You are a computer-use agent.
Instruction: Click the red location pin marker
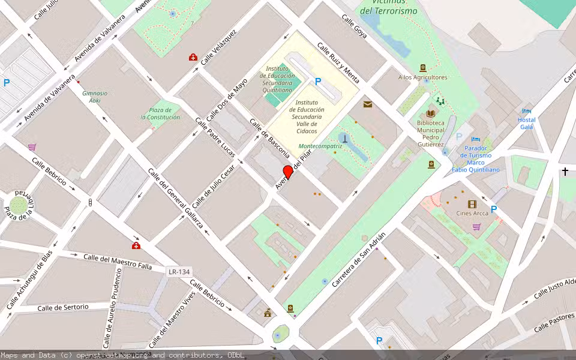pyautogui.click(x=288, y=172)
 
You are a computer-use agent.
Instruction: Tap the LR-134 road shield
pyautogui.click(x=179, y=272)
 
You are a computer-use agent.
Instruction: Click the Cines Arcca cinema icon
pyautogui.click(x=472, y=204)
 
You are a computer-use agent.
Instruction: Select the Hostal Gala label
pyautogui.click(x=526, y=123)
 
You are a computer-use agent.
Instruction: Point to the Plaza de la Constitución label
pyautogui.click(x=160, y=113)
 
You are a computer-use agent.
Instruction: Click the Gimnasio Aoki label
pyautogui.click(x=95, y=97)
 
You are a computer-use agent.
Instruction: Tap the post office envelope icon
pyautogui.click(x=367, y=104)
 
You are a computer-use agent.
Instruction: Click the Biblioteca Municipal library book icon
pyautogui.click(x=430, y=113)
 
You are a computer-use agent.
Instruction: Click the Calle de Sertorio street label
pyautogui.click(x=63, y=307)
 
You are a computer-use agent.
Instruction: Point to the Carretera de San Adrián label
pyautogui.click(x=359, y=259)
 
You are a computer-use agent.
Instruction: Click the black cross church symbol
pyautogui.click(x=565, y=172)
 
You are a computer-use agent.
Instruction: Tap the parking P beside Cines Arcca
pyautogui.click(x=494, y=209)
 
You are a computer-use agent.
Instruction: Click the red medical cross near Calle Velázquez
pyautogui.click(x=193, y=58)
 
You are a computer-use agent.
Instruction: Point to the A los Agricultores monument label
pyautogui.click(x=422, y=77)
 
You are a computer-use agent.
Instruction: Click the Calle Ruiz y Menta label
pyautogui.click(x=338, y=63)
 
